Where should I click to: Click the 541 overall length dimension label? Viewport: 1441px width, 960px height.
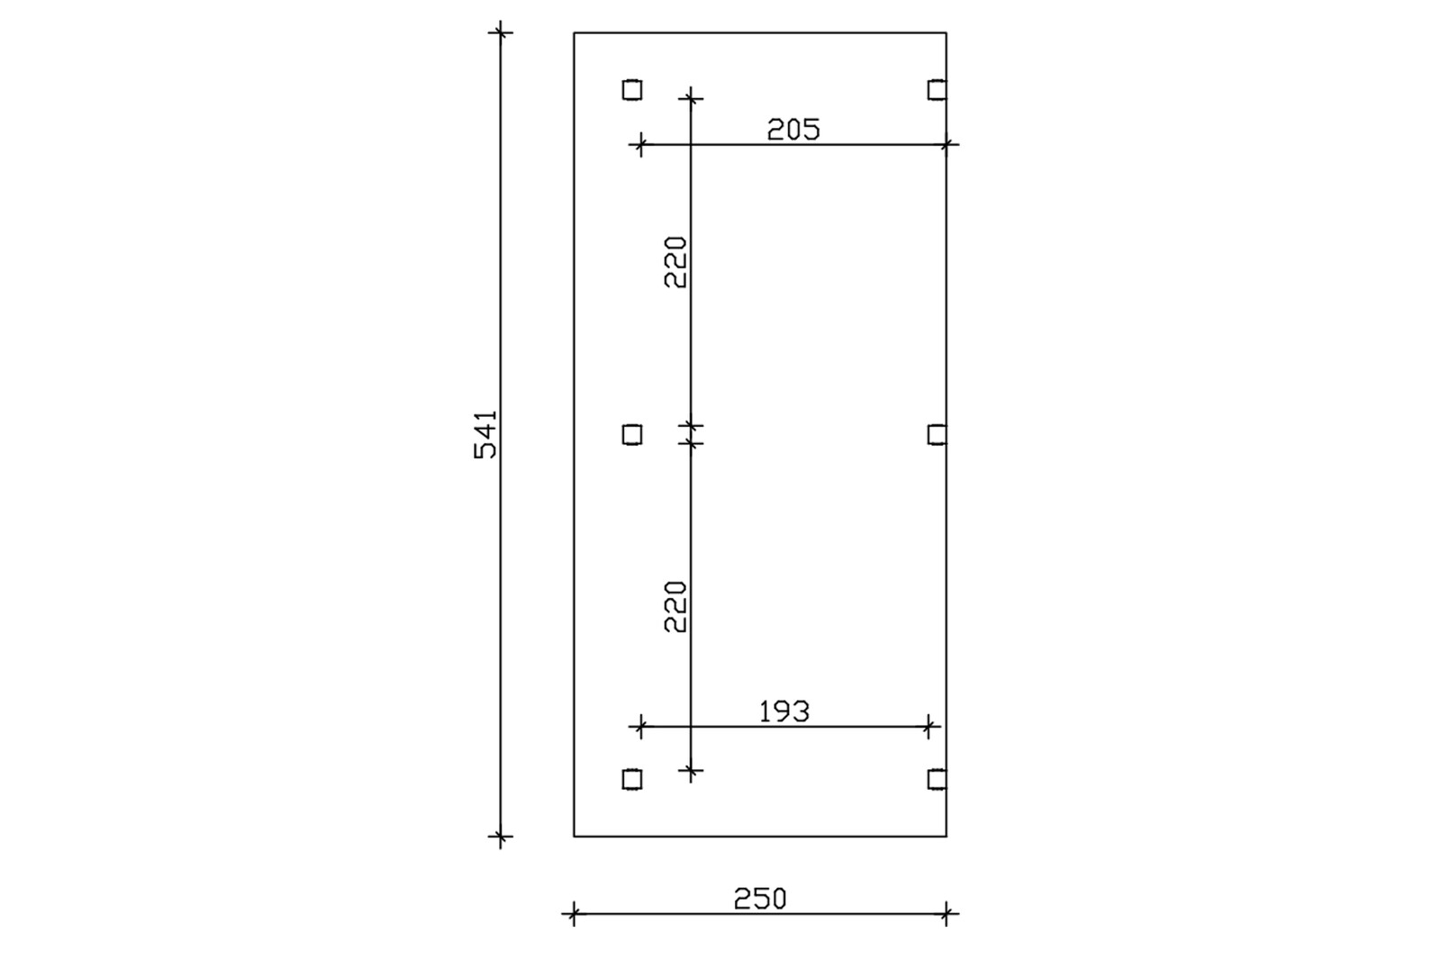click(485, 434)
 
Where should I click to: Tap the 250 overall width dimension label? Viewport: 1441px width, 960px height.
click(760, 899)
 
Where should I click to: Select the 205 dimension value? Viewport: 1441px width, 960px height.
click(793, 130)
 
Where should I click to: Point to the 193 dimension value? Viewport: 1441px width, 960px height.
click(784, 711)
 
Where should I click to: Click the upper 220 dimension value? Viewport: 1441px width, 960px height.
click(676, 263)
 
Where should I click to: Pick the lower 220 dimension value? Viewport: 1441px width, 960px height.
click(676, 607)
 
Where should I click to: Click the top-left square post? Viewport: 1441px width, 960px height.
click(632, 90)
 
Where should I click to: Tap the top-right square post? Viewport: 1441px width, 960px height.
click(938, 90)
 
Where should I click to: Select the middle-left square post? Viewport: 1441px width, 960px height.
click(632, 435)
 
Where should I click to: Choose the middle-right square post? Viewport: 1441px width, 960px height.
click(938, 435)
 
